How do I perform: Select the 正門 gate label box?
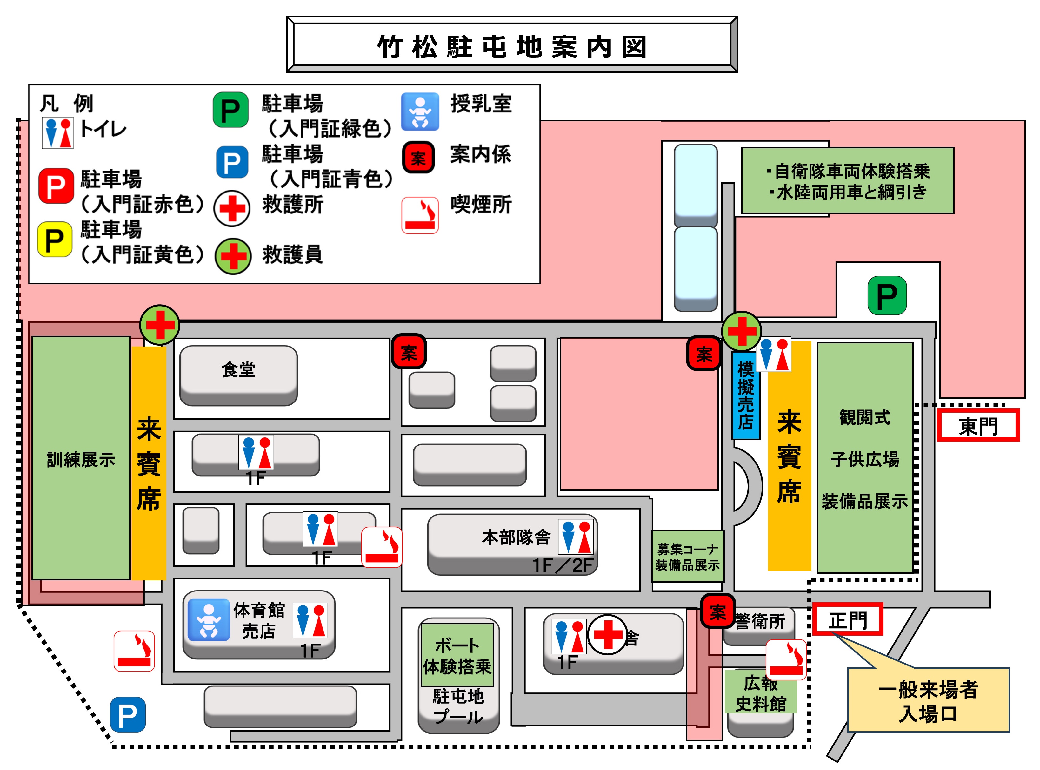tap(848, 620)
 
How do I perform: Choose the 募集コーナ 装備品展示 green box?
tap(687, 557)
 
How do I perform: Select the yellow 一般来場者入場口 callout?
tap(928, 700)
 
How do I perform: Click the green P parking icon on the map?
tap(887, 295)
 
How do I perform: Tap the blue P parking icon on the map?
tap(128, 714)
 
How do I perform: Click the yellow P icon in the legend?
tap(55, 240)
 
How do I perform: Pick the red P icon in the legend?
tap(56, 186)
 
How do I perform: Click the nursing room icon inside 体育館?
tap(209, 620)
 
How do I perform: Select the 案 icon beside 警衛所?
tap(718, 611)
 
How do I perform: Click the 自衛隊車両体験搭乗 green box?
tap(847, 181)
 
